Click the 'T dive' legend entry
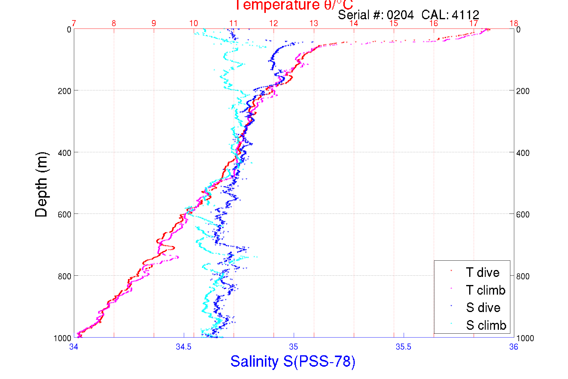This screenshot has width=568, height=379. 482,272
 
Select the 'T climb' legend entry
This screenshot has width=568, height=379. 485,290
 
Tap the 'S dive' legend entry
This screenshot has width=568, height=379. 483,308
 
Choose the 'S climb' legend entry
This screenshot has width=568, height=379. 486,325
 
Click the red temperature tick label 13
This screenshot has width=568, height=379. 314,23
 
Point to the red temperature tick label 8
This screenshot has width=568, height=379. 114,23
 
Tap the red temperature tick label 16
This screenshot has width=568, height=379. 434,23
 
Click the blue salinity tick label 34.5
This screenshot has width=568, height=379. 184,347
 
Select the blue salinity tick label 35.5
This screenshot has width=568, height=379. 403,347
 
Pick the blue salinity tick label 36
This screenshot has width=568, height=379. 514,347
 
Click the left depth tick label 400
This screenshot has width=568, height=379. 65,153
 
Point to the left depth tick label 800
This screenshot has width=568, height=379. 65,276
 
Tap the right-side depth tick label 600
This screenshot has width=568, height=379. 523,214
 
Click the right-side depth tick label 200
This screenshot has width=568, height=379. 523,91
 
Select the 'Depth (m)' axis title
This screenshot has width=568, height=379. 41,185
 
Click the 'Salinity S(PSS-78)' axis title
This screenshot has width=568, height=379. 293,361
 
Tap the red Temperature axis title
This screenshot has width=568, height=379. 293,5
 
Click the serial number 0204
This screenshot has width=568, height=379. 400,15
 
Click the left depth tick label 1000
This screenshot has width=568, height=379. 62,338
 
